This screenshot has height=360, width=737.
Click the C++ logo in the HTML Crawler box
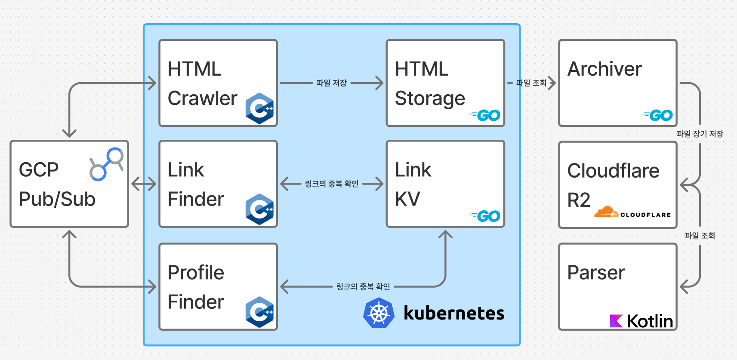(x=259, y=108)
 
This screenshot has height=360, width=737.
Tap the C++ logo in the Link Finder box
(x=259, y=209)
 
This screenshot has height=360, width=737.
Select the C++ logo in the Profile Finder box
(x=259, y=312)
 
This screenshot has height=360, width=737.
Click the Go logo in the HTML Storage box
(x=485, y=115)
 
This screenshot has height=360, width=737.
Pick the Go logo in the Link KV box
(x=485, y=216)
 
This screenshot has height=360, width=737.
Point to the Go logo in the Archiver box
(x=657, y=115)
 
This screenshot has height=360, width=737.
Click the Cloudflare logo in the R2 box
(x=632, y=212)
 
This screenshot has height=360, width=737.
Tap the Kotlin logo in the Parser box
(x=641, y=321)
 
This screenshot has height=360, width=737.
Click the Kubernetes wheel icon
(x=379, y=313)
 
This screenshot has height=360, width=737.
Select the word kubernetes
(x=454, y=313)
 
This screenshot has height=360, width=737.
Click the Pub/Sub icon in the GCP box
(x=107, y=164)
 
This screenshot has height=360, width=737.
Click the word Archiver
(x=604, y=69)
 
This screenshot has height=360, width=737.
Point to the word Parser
(x=596, y=272)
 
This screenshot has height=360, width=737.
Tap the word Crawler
(x=202, y=98)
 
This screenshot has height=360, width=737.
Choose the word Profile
(x=196, y=272)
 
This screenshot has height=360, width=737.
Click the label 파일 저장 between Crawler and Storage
(x=331, y=83)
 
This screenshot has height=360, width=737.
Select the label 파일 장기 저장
(x=700, y=134)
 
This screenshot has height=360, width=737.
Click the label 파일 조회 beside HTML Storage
(x=531, y=83)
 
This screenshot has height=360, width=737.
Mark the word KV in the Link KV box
(x=407, y=199)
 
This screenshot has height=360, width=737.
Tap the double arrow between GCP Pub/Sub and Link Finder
(x=144, y=184)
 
